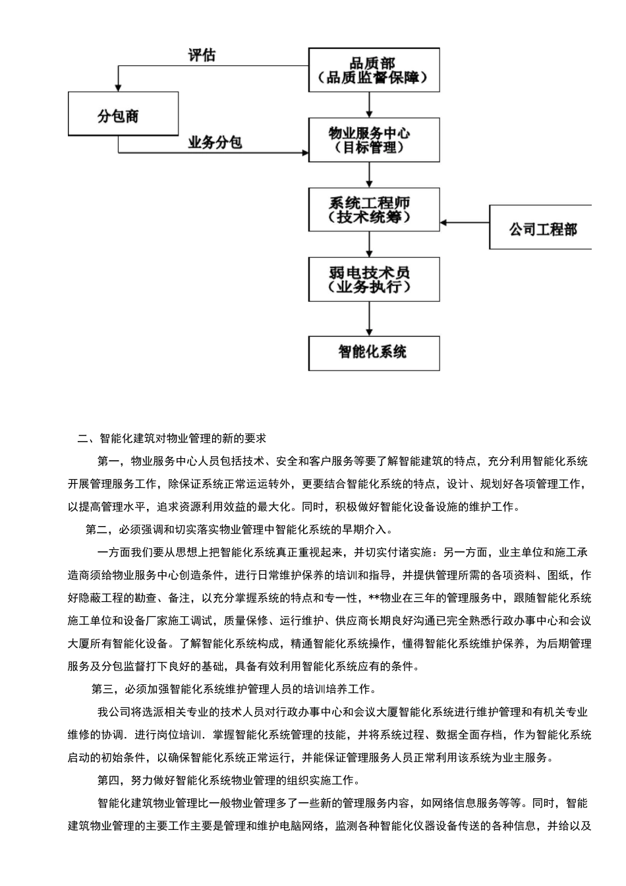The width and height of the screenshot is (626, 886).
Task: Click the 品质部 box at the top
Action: [374, 70]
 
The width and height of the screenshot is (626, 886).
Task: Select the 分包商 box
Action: [123, 114]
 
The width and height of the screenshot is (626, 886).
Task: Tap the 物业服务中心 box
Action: [374, 140]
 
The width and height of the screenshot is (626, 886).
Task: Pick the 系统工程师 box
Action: [374, 210]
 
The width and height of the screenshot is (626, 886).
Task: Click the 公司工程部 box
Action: [541, 227]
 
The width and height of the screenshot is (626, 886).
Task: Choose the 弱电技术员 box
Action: [374, 279]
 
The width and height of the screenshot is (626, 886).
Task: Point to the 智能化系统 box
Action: [374, 352]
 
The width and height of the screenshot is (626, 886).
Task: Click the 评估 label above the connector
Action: [202, 55]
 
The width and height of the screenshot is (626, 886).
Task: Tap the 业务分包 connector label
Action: [215, 142]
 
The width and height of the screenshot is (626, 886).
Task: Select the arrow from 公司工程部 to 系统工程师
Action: [465, 223]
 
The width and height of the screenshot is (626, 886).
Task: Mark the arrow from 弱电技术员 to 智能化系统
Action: [370, 319]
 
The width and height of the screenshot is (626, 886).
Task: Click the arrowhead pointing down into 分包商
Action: [119, 86]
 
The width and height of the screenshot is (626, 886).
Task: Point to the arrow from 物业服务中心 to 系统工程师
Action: [370, 175]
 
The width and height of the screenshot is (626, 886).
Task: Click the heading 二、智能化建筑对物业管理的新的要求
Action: [171, 438]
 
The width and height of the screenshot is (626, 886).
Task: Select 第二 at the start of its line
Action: [97, 529]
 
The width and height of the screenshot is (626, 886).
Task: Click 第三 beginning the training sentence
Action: [103, 689]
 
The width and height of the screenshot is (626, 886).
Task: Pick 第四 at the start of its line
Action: [108, 780]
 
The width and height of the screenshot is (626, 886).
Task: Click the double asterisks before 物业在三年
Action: [374, 599]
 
